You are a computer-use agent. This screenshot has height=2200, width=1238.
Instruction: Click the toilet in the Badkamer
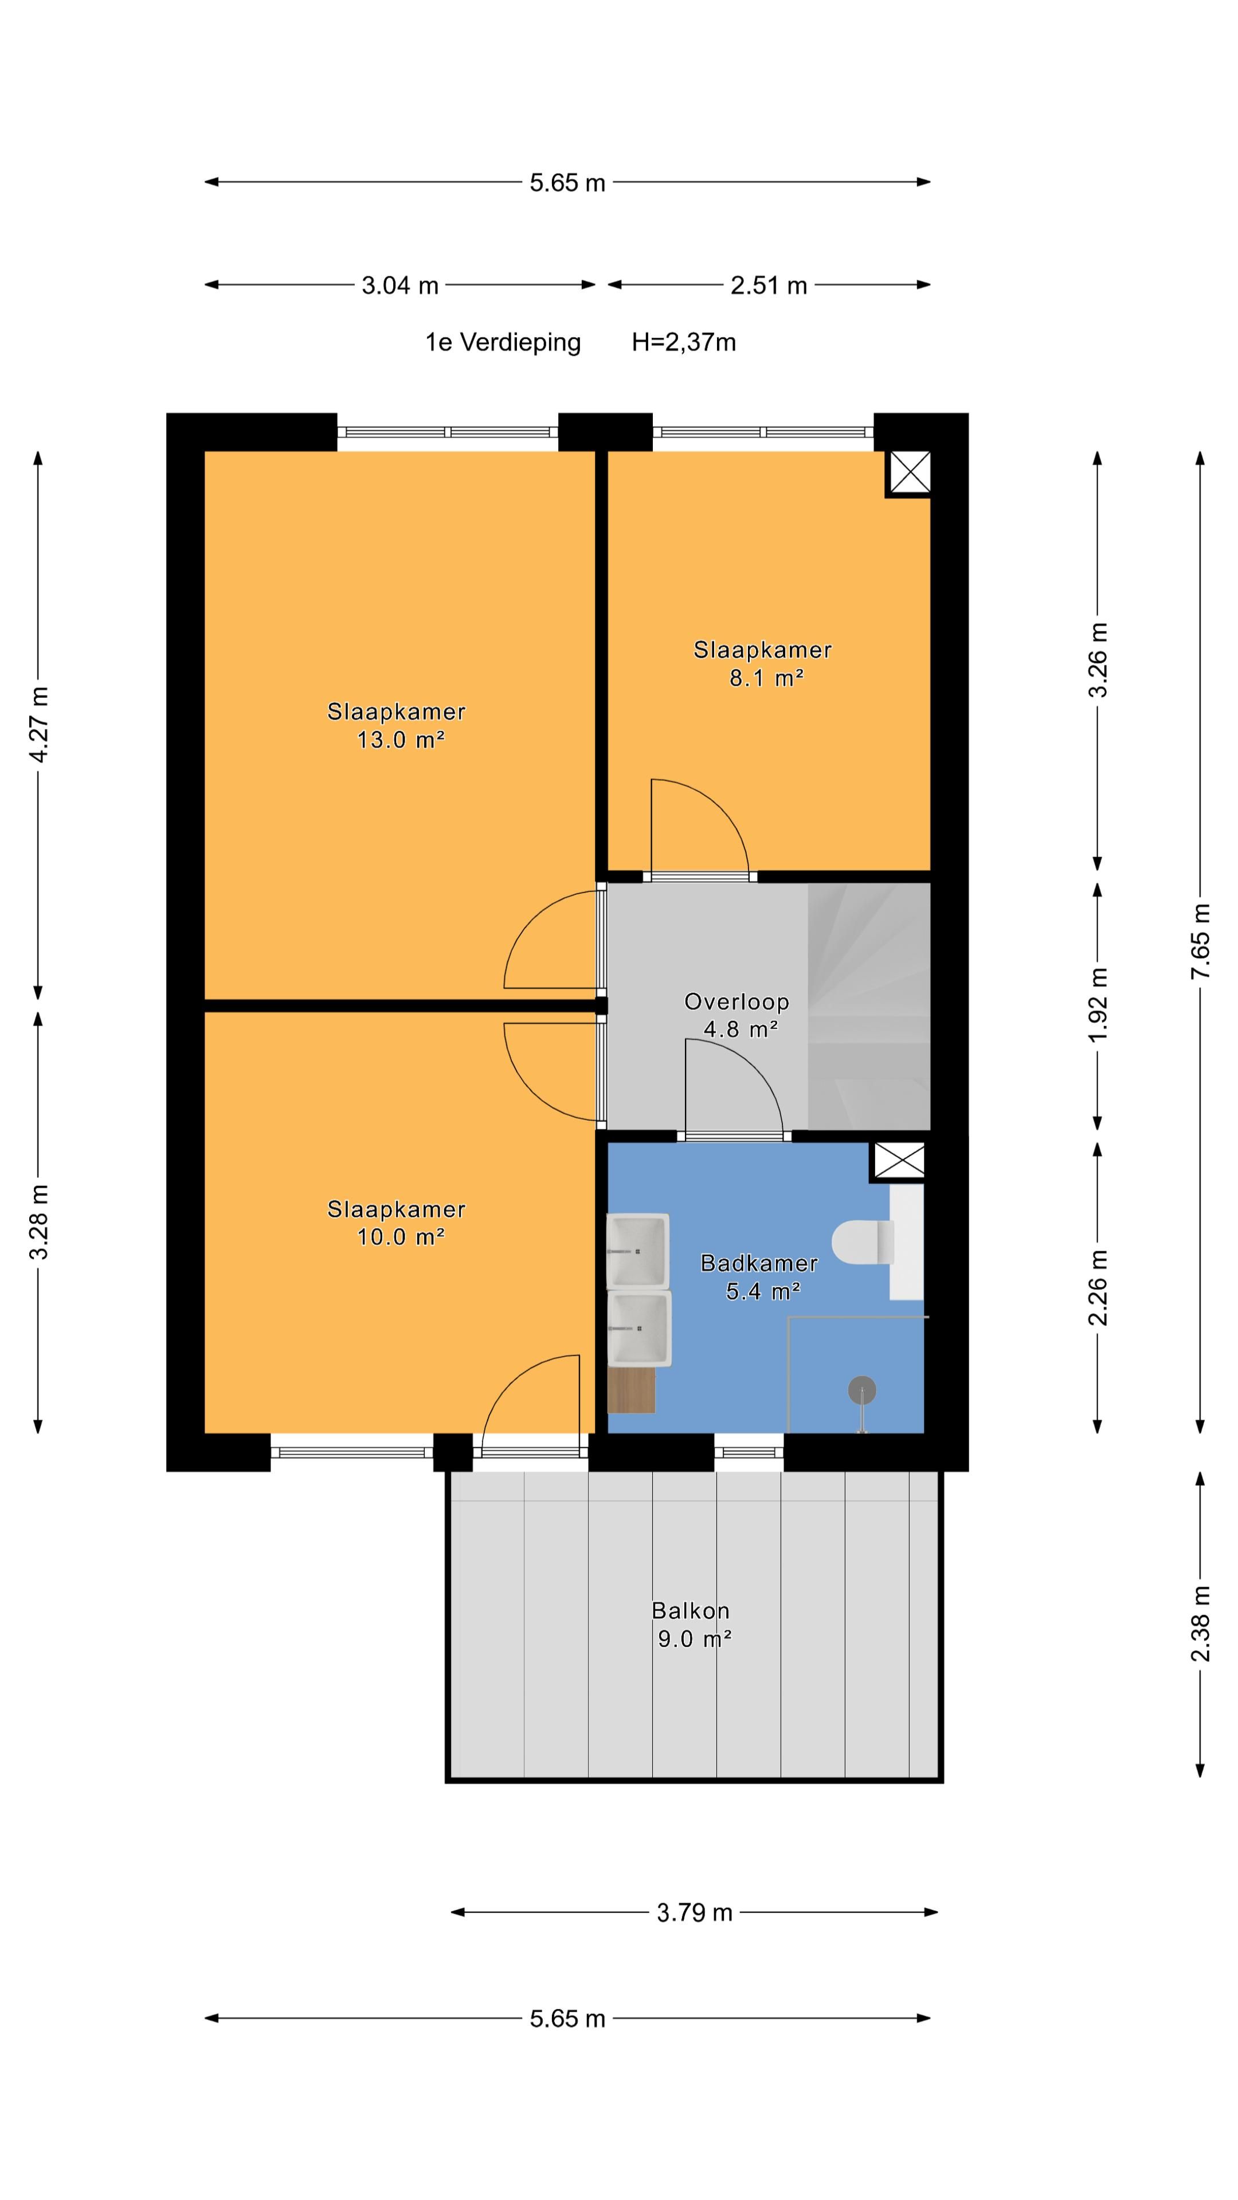pos(863,1242)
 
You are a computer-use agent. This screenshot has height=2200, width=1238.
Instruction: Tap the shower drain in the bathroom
pos(862,1391)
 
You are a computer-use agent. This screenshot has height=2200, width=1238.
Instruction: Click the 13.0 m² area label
pos(401,740)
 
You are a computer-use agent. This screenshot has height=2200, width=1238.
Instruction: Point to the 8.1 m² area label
pos(766,678)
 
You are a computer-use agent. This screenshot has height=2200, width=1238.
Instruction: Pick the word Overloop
pos(736,1002)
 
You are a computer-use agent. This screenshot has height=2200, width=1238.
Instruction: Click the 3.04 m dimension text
pos(400,285)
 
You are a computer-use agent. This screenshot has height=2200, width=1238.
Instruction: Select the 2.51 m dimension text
pos(769,285)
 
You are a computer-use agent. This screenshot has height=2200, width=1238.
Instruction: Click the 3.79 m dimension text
pos(695,1912)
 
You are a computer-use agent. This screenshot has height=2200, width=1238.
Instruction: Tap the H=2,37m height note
pos(684,343)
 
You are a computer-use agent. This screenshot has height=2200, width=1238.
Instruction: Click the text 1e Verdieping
pos(503,343)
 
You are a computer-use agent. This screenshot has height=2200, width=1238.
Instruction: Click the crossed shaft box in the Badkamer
pos(899,1161)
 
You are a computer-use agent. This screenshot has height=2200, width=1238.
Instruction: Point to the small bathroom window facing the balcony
pos(749,1451)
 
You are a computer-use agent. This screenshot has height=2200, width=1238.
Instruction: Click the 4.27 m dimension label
pos(38,724)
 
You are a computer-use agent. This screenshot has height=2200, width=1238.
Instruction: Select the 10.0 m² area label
pos(401,1237)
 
